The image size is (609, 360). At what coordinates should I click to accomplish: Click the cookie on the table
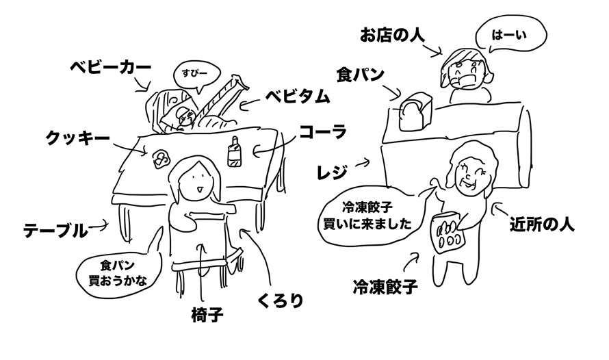click(x=161, y=158)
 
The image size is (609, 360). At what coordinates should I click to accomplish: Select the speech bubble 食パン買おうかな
click(x=118, y=272)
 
